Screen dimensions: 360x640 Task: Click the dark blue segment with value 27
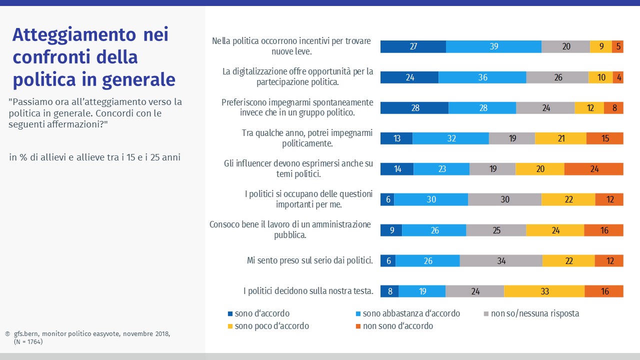pos(413,46)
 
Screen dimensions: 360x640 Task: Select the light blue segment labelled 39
pos(493,46)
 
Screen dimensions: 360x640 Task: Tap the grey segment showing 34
pos(501,260)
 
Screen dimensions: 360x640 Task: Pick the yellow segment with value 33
pos(544,291)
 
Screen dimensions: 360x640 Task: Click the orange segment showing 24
pos(593,169)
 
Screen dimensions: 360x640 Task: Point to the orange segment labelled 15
pos(604,138)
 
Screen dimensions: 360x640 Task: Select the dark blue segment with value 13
pos(396,138)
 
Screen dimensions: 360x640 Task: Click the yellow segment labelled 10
pos(600,77)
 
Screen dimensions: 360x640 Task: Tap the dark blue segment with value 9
pos(391,230)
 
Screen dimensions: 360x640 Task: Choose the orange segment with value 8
pos(613,108)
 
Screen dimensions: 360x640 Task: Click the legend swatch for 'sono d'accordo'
pos(230,314)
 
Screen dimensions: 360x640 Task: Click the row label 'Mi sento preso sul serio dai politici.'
pos(310,260)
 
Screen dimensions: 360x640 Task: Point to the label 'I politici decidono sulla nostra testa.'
pos(308,290)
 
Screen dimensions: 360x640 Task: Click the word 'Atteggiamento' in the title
pos(74,35)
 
